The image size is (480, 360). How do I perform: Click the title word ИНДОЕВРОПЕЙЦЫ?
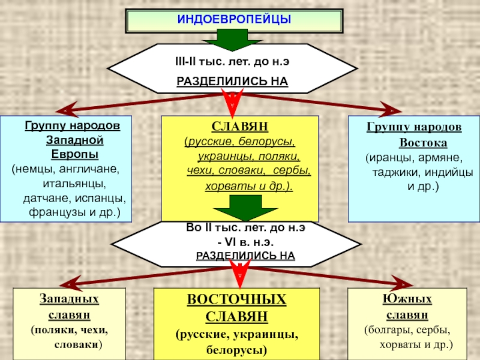(x=233, y=20)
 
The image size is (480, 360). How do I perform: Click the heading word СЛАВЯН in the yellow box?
(x=239, y=127)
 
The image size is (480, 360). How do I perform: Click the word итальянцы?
(x=74, y=183)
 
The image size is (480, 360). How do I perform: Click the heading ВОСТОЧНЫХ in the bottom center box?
(x=236, y=299)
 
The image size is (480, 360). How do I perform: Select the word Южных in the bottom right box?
(x=407, y=299)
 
